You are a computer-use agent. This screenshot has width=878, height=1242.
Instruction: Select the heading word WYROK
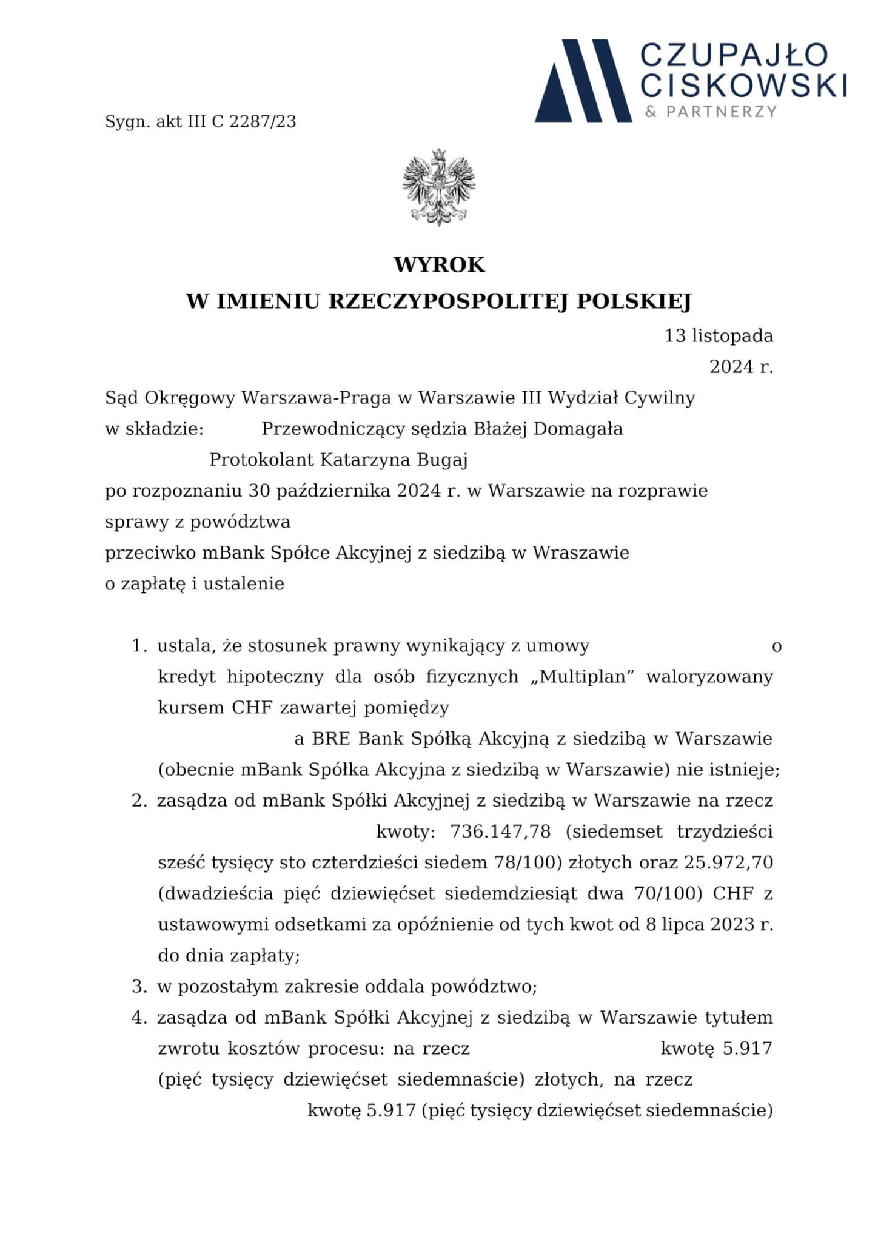point(439,265)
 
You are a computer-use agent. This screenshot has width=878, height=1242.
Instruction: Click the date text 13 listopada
point(719,335)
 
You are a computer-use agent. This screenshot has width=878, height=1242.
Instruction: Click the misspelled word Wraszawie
point(580,553)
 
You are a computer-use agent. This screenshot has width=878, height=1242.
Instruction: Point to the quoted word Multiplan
point(581,677)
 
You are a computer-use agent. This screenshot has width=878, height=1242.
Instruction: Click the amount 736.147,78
point(500,831)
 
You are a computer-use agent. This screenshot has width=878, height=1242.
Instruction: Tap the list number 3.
point(137,987)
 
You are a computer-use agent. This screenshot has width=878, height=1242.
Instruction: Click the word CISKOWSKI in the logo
point(743,85)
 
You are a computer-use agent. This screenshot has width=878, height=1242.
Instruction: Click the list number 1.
point(137,646)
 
